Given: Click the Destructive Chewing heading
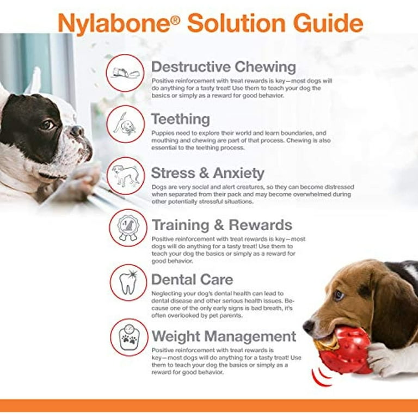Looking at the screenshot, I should [223, 67].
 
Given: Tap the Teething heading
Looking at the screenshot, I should [180, 119].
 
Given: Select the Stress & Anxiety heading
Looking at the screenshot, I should [207, 173].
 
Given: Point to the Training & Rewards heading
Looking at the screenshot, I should [222, 225].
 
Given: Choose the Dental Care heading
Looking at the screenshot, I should [192, 280].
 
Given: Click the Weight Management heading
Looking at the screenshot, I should [224, 336].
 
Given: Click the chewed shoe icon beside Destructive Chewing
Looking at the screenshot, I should [126, 72].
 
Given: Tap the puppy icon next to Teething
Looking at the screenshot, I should [126, 124].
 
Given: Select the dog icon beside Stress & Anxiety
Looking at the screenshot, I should [126, 176].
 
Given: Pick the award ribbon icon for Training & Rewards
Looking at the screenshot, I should [128, 228].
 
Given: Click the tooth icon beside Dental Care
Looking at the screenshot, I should [128, 282].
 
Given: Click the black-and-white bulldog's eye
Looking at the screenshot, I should [47, 125].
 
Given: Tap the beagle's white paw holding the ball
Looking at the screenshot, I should [386, 359].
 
